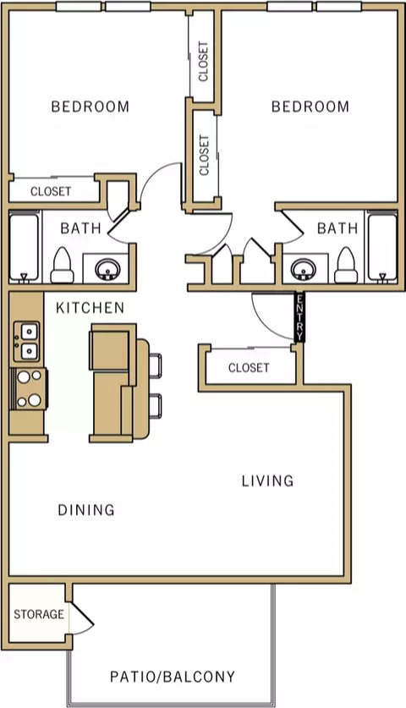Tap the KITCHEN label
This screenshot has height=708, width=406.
90,308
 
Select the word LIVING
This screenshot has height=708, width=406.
267,480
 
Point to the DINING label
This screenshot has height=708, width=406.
85,510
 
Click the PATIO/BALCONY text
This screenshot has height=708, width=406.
173,677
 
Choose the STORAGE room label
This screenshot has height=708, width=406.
39,614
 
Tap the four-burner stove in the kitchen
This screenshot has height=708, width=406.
30,389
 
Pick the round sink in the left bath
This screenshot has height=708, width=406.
107,268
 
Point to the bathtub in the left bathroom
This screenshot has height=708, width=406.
24,248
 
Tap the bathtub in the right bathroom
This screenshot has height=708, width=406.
382,248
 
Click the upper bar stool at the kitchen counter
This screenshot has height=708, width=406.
155,365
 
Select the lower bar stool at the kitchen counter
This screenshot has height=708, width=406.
155,406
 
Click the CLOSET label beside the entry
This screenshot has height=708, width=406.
249,368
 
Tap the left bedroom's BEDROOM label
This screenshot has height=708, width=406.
91,107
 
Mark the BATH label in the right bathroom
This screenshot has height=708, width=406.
337,228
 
